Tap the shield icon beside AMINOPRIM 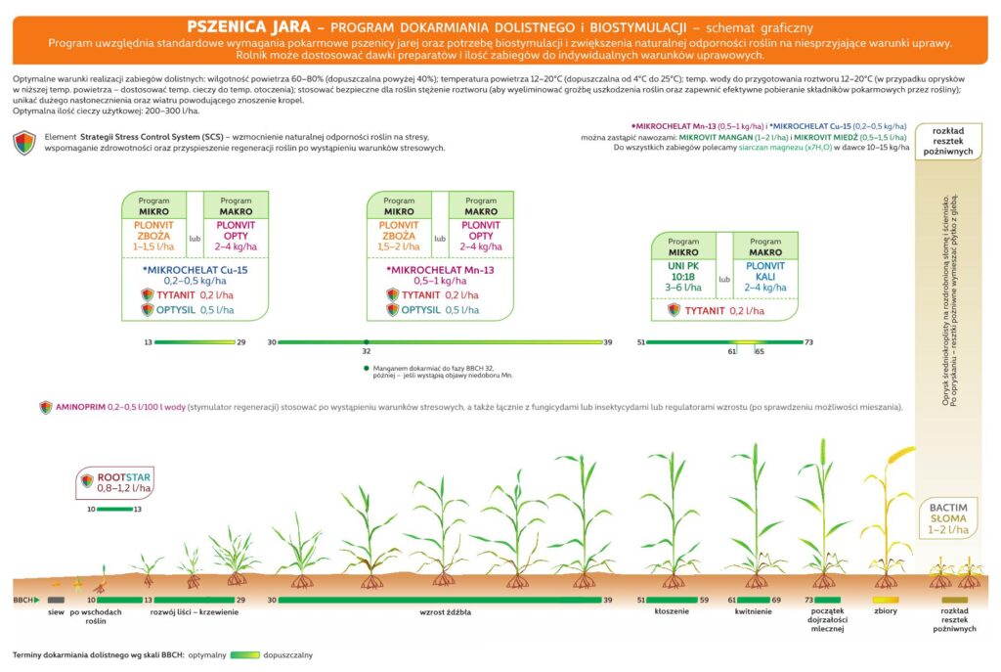(45, 407)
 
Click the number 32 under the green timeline (367, 350)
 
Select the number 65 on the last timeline (759, 350)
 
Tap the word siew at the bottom (56, 611)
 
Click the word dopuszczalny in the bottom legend (288, 654)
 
